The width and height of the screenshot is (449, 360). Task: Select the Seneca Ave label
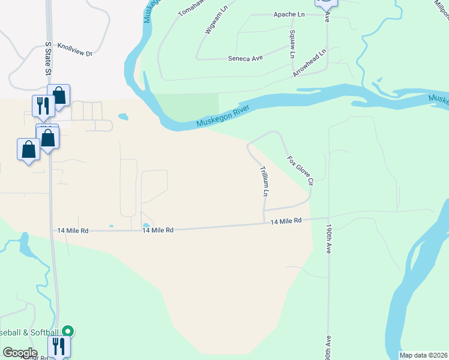[x=246, y=58]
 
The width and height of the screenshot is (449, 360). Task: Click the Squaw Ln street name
[x=292, y=44]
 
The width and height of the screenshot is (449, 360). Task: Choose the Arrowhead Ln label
[x=309, y=62]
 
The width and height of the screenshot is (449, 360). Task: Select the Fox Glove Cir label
[x=301, y=172]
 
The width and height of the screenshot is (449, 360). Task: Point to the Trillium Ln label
[x=264, y=182]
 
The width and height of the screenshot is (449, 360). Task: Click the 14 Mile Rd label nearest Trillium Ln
[x=286, y=221]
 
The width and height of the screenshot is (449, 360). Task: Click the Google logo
[x=20, y=353]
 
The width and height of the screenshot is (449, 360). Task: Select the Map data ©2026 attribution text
[x=423, y=355]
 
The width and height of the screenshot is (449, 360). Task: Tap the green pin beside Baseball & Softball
[x=68, y=331]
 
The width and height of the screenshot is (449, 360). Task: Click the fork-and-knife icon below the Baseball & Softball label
[x=58, y=346]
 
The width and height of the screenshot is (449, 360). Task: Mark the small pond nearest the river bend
[x=122, y=116]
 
